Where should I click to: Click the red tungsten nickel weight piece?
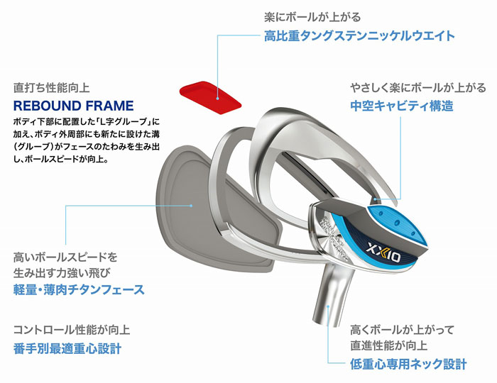click(x=210, y=97)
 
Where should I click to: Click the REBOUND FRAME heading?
click(x=74, y=106)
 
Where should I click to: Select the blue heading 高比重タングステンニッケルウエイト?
click(x=359, y=35)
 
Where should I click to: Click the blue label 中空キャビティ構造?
click(x=402, y=106)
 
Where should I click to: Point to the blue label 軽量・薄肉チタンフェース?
click(x=79, y=289)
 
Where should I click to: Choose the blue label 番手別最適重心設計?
click(x=67, y=348)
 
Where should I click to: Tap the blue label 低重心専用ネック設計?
click(x=408, y=364)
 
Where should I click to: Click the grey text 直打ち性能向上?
click(x=52, y=88)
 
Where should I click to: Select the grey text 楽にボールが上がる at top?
click(x=312, y=17)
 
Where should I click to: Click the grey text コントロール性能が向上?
click(x=72, y=330)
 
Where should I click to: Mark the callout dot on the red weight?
click(x=218, y=99)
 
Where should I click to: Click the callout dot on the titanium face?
click(x=191, y=206)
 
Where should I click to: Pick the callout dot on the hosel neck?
click(x=329, y=306)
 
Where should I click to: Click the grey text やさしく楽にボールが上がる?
click(x=418, y=88)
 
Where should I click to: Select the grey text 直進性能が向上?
click(x=389, y=345)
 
